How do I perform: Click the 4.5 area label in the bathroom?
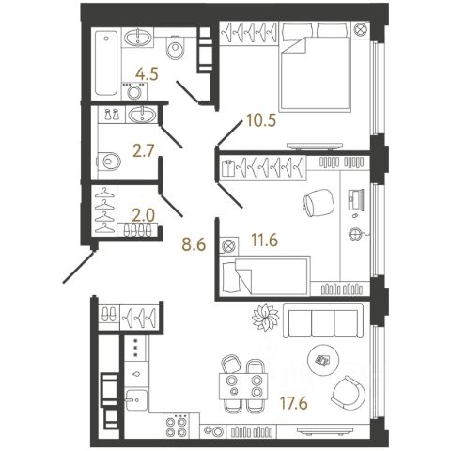pyautogui.click(x=147, y=74)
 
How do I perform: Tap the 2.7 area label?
pyautogui.click(x=144, y=151)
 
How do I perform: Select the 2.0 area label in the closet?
pyautogui.click(x=143, y=215)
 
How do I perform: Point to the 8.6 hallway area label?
pyautogui.click(x=194, y=244)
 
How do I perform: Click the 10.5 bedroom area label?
pyautogui.click(x=261, y=120)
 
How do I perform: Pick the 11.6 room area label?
pyautogui.click(x=265, y=241)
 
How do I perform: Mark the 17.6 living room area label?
pyautogui.click(x=294, y=403)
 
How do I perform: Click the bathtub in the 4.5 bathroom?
pyautogui.click(x=106, y=63)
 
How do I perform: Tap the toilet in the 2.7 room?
pyautogui.click(x=109, y=162)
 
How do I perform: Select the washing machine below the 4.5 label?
pyautogui.click(x=135, y=91)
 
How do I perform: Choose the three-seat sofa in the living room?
pyautogui.click(x=323, y=320)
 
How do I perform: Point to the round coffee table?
pyautogui.click(x=323, y=360)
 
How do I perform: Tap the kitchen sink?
pyautogui.click(x=136, y=399)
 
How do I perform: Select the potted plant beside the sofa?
pyautogui.click(x=265, y=317)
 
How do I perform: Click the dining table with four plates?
pyautogui.click(x=244, y=386)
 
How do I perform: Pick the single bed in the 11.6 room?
pyautogui.click(x=265, y=275)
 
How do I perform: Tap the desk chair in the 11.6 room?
pyautogui.click(x=319, y=202)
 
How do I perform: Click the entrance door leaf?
pyautogui.click(x=79, y=267)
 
